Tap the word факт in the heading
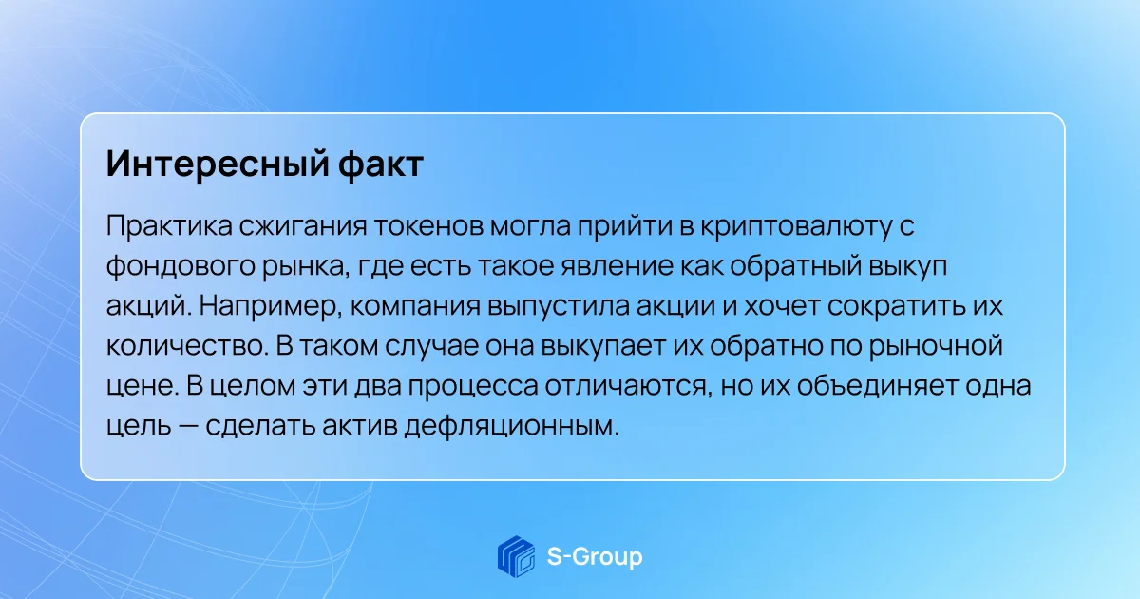381,163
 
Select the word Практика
169,225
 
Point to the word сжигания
303,226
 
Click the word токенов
428,225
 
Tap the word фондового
180,266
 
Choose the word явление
617,266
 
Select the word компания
415,306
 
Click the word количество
187,346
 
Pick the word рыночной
936,346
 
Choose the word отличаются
626,386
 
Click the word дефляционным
512,426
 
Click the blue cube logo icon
516,557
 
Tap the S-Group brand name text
595,557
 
